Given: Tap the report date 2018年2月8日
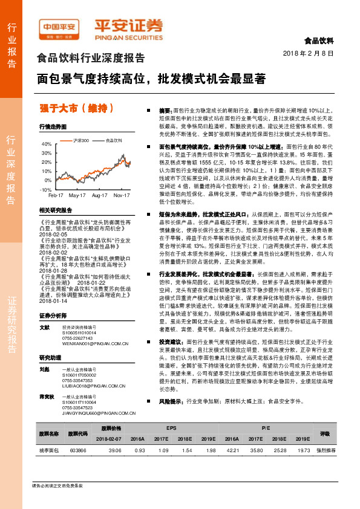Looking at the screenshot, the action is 308,54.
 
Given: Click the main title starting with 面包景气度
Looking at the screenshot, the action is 151,79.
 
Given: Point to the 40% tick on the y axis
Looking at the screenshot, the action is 47,145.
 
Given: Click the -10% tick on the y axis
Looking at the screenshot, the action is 46,189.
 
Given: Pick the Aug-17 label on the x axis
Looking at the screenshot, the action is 99,196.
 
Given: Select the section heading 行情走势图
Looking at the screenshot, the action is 52,128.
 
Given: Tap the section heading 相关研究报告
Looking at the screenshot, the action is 55,210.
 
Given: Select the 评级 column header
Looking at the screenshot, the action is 324,433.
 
